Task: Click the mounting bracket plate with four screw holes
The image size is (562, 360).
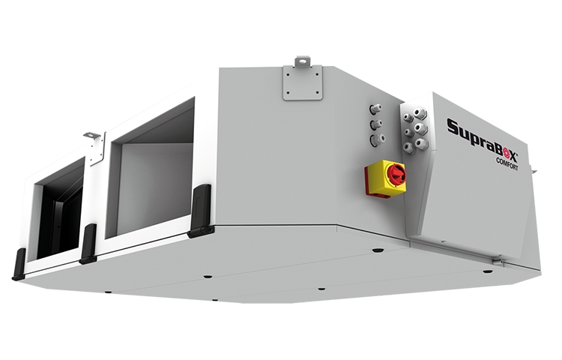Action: pyautogui.click(x=303, y=82)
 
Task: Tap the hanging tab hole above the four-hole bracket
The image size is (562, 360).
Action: pyautogui.click(x=303, y=61)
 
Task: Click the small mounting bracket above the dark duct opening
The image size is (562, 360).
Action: pyautogui.click(x=95, y=147)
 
